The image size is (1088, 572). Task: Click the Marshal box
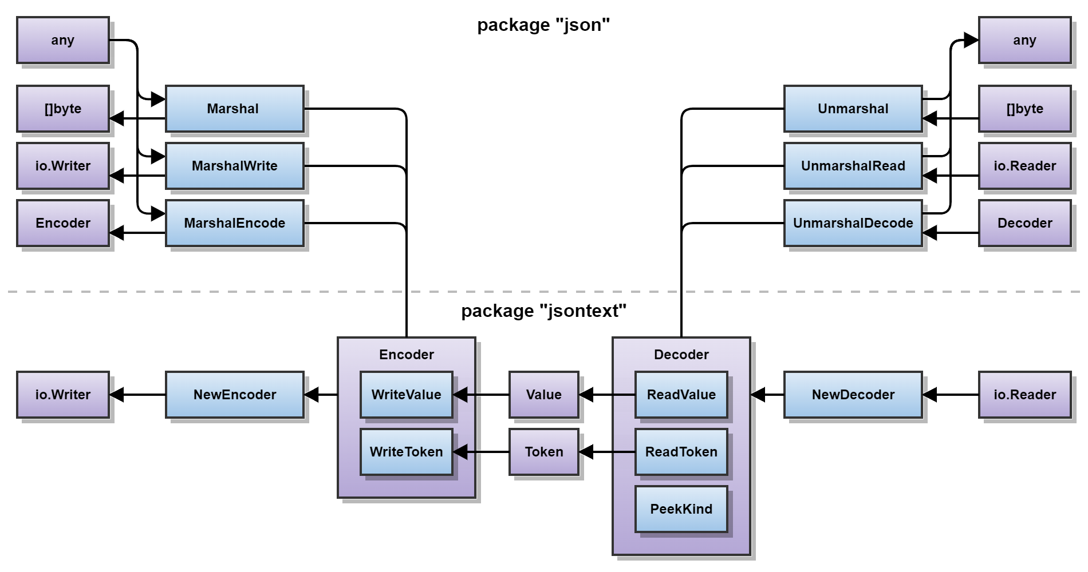click(x=234, y=109)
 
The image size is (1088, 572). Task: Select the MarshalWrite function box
click(x=234, y=166)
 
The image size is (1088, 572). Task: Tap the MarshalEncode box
click(x=234, y=223)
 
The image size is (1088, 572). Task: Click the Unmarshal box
click(x=853, y=109)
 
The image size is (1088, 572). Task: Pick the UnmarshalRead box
click(x=853, y=166)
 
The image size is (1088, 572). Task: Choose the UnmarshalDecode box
click(x=853, y=223)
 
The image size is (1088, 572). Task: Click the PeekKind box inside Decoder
click(x=681, y=509)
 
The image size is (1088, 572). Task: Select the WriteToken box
click(x=406, y=452)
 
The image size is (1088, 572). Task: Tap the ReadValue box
click(x=681, y=395)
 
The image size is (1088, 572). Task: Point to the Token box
click(x=543, y=452)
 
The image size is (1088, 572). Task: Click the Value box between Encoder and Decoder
click(x=543, y=395)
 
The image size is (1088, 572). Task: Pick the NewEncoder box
click(x=234, y=395)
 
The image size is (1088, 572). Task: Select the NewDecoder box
click(x=853, y=395)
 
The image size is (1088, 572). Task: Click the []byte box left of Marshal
click(x=62, y=109)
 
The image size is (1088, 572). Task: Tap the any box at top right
click(x=1024, y=40)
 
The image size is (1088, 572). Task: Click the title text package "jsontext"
click(x=543, y=311)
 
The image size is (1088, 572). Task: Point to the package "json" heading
click(x=543, y=25)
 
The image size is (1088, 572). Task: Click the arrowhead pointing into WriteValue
click(x=460, y=395)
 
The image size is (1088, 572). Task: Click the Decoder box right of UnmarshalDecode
click(x=1024, y=223)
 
